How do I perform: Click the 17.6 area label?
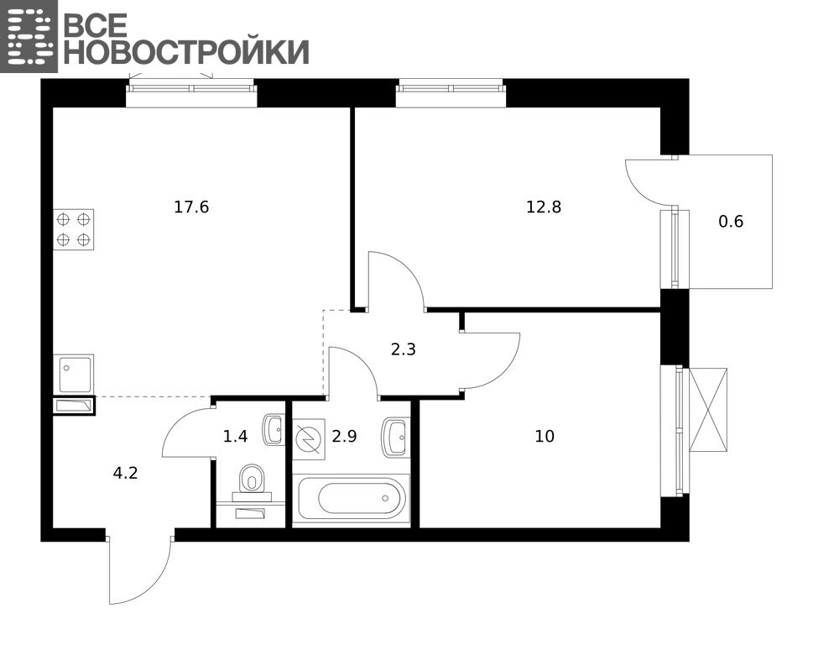[191, 207]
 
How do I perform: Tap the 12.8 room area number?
[544, 207]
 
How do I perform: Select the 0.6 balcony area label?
[731, 222]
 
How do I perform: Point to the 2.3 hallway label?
[403, 349]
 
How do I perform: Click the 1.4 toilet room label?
[235, 437]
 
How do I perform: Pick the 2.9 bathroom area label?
[344, 437]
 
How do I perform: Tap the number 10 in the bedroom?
[545, 437]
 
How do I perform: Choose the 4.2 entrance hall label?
[126, 473]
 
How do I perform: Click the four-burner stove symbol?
[74, 229]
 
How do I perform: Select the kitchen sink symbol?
[74, 374]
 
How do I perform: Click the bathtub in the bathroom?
[352, 498]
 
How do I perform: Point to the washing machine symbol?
[309, 439]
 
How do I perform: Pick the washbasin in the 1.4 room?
[274, 430]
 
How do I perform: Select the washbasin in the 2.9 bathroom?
[394, 437]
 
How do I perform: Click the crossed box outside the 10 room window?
[708, 410]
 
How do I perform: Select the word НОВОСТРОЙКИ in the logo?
[186, 51]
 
